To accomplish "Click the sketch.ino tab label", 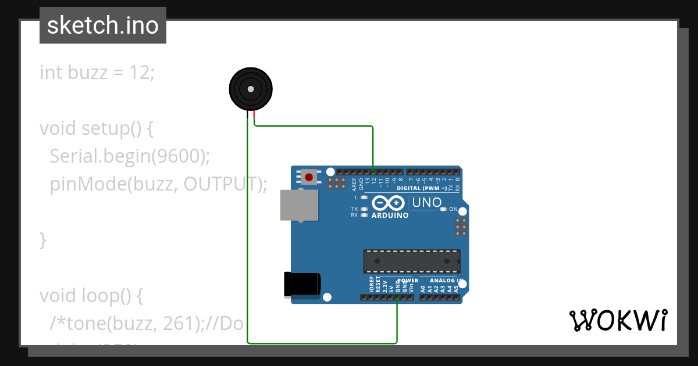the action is coord(103,26).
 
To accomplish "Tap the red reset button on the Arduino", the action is coord(308,177).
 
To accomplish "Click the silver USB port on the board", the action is coord(300,205).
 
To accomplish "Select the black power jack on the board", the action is coord(301,284).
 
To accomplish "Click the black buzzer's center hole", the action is coord(251,89).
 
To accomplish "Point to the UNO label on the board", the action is coord(426,203).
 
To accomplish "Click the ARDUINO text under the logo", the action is coord(390,215).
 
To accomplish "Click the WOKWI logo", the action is coord(618,320).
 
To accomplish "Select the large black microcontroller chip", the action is coord(412,261).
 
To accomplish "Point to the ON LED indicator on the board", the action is coord(444,209).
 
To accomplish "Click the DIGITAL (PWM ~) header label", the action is coord(422,188).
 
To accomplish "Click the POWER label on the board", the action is coord(408,281).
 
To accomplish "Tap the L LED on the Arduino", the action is coord(365,198).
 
